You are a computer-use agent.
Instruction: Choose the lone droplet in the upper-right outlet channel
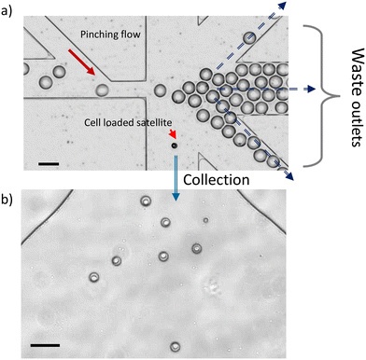248,37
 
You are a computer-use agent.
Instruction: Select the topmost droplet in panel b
145,201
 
